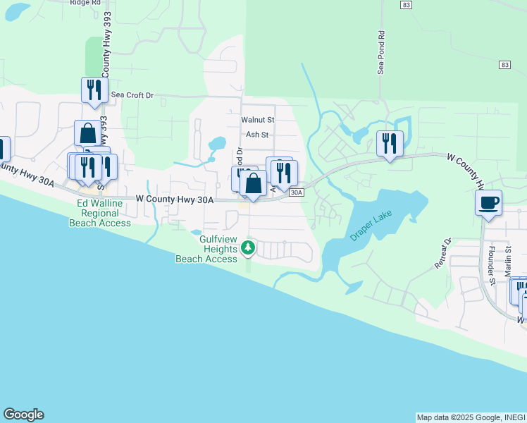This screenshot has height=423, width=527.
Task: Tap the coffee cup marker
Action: coord(488,204)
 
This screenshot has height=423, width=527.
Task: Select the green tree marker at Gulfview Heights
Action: coord(247,248)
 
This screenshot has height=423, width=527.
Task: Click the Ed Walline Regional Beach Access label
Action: coord(100,213)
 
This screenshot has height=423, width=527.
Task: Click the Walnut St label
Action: coord(257,120)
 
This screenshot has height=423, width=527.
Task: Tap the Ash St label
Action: coord(257,134)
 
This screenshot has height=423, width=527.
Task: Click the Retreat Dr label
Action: coord(446,252)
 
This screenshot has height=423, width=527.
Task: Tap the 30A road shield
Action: coord(297,191)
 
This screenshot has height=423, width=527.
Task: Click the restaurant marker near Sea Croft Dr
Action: coord(94,90)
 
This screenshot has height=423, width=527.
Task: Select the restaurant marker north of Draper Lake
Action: coord(390,144)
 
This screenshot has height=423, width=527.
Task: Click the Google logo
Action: coord(23,415)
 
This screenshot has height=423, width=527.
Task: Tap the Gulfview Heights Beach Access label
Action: coord(206,249)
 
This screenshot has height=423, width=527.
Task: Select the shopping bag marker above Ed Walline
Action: coord(87,133)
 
